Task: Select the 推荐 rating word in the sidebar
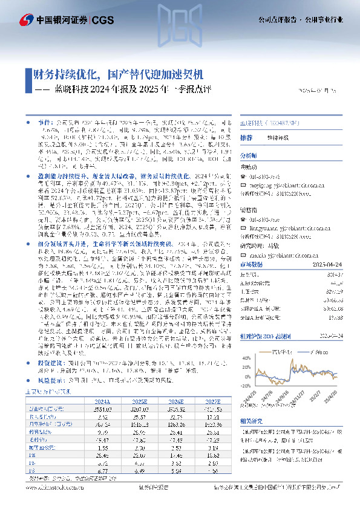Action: (x=246, y=137)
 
